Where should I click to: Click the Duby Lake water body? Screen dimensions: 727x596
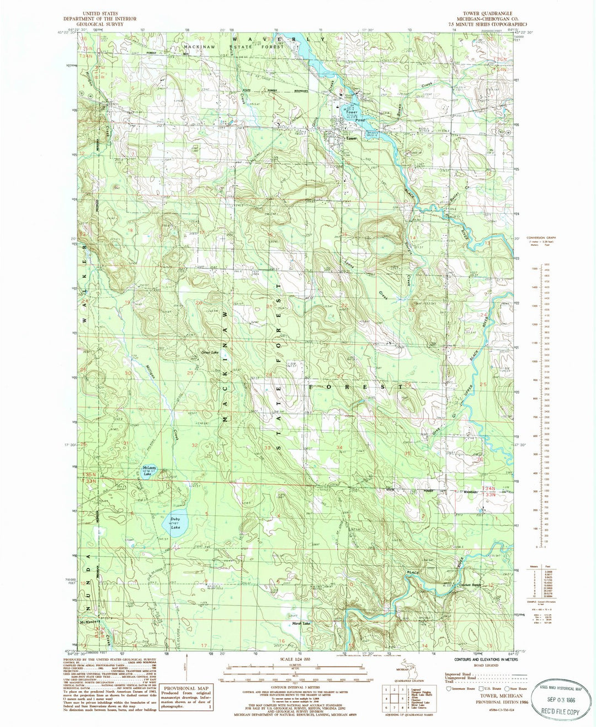(175, 521)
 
